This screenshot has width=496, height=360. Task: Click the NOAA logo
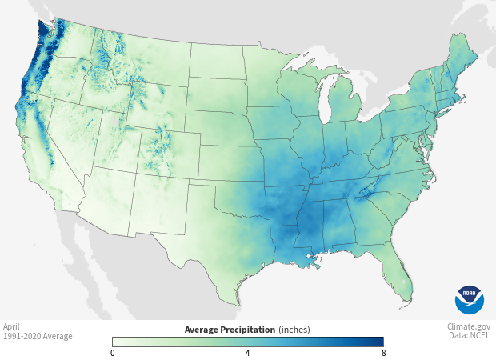coord(470,299)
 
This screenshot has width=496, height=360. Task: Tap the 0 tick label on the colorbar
coord(113,353)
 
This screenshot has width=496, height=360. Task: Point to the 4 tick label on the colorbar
coord(248,353)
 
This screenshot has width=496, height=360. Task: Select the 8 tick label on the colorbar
coord(382,353)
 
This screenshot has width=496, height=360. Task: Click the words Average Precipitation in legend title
coord(230,330)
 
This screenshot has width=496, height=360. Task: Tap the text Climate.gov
coord(469,326)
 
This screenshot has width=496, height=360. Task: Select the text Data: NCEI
coord(470,336)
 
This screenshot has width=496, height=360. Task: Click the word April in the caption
coord(11,326)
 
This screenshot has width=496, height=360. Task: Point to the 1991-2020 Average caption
coord(37,336)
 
